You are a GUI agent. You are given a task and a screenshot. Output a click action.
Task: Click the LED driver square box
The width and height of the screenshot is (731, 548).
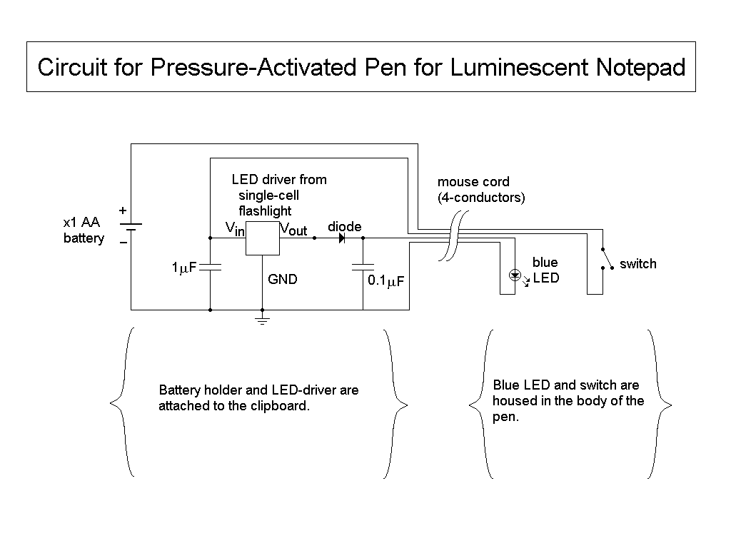262,238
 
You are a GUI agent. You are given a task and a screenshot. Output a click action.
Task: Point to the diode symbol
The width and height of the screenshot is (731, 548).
341,238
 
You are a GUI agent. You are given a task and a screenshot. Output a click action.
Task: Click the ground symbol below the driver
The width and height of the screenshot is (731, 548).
263,320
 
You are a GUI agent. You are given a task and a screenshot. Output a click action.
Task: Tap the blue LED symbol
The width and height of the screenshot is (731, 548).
514,275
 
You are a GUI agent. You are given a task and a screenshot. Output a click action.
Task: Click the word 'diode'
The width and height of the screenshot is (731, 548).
344,226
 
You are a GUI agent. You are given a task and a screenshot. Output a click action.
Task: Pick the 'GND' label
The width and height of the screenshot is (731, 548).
283,280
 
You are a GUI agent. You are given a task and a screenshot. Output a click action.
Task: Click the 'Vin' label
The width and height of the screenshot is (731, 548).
235,229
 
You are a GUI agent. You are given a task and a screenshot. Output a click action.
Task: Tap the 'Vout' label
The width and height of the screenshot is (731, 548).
293,229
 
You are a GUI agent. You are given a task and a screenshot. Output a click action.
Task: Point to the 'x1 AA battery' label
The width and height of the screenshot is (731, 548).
84,230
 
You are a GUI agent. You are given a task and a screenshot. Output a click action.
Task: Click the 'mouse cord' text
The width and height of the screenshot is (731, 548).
473,182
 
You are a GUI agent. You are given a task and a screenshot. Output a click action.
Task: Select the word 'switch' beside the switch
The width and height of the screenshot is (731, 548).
637,264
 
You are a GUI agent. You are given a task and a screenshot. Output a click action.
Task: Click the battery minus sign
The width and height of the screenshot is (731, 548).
123,243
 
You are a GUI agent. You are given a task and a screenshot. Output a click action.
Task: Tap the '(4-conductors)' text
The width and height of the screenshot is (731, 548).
481,197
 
